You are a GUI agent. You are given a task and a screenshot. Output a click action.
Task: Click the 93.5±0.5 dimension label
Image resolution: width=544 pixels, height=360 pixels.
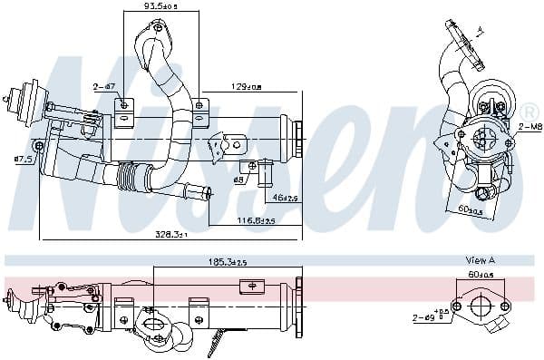coord(160,6)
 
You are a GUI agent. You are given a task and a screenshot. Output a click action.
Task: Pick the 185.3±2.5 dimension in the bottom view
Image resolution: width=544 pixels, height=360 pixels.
coord(227,261)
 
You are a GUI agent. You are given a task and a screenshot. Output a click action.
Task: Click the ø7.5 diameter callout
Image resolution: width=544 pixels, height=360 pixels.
coord(24,160)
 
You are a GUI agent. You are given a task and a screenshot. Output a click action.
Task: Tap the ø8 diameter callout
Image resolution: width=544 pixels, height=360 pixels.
coord(240,179)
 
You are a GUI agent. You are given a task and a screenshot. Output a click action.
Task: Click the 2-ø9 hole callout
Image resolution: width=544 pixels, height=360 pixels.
coord(428,318)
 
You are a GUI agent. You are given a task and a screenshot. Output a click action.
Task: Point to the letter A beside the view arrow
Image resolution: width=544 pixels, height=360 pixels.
coord(480,31)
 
